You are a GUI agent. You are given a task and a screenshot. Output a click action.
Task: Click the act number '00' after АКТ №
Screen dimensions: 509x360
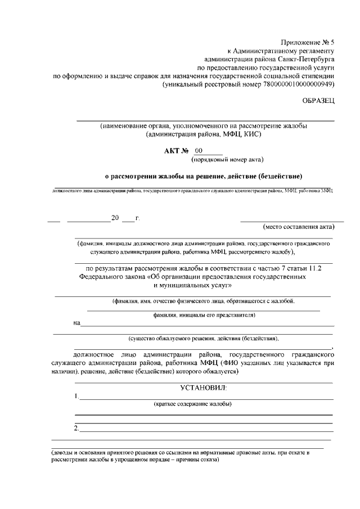click(x=199, y=151)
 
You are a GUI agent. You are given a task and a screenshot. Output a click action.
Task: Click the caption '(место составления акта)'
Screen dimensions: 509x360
click(x=299, y=227)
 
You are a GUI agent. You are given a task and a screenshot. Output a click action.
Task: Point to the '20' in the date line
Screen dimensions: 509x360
click(x=115, y=218)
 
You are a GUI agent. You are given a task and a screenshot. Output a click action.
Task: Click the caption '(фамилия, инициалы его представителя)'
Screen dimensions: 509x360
click(x=204, y=315)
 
